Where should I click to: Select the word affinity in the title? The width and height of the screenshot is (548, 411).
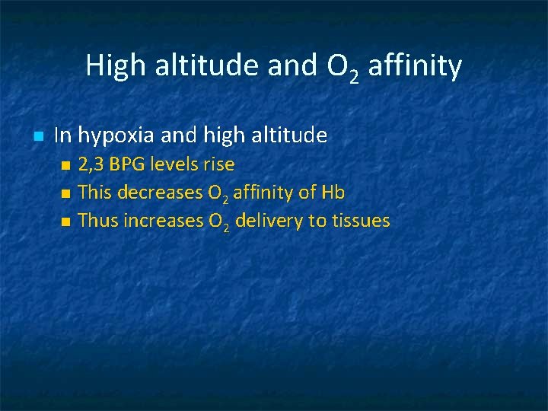click(415, 66)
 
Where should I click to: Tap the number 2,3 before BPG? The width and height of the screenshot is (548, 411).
click(93, 164)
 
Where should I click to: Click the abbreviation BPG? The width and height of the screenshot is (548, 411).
click(129, 164)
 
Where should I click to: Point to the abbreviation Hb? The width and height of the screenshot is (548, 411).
click(333, 193)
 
